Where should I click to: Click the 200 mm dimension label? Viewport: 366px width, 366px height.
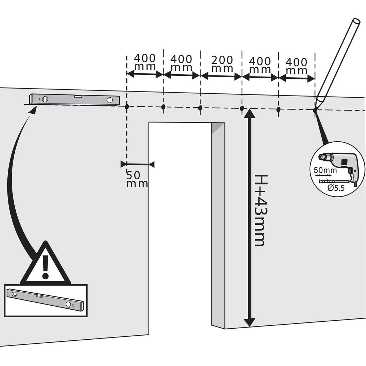pos(222,64)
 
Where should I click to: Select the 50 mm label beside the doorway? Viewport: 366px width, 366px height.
pos(137,179)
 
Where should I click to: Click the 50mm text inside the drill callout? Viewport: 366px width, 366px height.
pos(325,170)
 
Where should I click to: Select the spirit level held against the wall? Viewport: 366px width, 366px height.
pos(75,99)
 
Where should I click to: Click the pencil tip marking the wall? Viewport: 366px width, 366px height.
pos(316,108)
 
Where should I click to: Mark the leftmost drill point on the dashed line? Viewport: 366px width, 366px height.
pos(127,107)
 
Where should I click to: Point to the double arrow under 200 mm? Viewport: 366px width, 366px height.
pos(221,76)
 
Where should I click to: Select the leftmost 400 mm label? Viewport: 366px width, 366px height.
pos(145,63)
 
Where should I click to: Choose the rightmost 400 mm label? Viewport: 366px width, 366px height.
pos(296,66)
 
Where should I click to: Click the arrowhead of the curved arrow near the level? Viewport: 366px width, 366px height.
pos(33,110)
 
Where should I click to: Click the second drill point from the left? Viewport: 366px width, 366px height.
pos(163,107)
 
